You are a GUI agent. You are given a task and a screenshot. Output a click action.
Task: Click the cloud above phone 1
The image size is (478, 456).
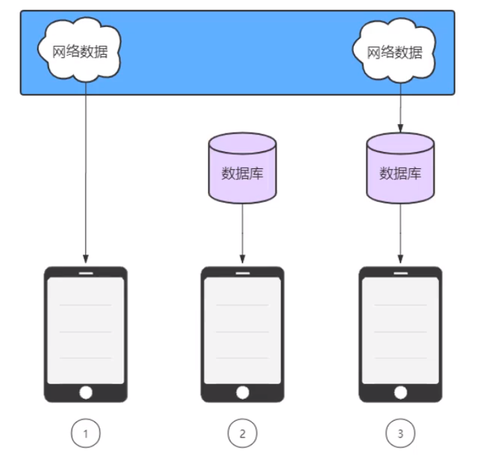point(80,51)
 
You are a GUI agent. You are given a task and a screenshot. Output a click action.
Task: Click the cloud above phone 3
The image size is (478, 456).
point(395,51)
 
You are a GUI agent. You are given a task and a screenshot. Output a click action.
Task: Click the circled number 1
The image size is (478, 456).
point(86,434)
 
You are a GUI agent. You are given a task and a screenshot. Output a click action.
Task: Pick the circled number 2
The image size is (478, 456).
point(242,434)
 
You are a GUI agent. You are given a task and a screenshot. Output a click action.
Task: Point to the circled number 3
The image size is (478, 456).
point(400,434)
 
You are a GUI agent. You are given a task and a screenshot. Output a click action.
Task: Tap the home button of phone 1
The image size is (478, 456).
point(86,392)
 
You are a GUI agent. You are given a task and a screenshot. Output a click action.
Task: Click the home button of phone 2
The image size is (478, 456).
point(242,392)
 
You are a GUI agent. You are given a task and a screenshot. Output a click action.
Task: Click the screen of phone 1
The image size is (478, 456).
point(86,330)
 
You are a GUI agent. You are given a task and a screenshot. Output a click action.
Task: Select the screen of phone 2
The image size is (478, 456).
point(242,330)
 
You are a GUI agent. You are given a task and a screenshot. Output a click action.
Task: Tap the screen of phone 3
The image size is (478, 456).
point(400,330)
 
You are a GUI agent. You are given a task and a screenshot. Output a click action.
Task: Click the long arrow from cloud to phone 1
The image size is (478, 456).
point(86,172)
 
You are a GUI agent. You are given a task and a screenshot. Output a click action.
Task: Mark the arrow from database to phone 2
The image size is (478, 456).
point(242,232)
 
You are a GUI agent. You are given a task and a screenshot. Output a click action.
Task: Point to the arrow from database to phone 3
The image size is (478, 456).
point(400,232)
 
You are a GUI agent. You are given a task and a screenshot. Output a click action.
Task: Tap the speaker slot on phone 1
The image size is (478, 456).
point(86,272)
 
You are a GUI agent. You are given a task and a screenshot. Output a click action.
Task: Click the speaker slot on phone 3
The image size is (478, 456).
point(400,272)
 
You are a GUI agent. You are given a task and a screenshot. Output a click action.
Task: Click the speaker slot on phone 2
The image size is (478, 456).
point(242,272)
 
